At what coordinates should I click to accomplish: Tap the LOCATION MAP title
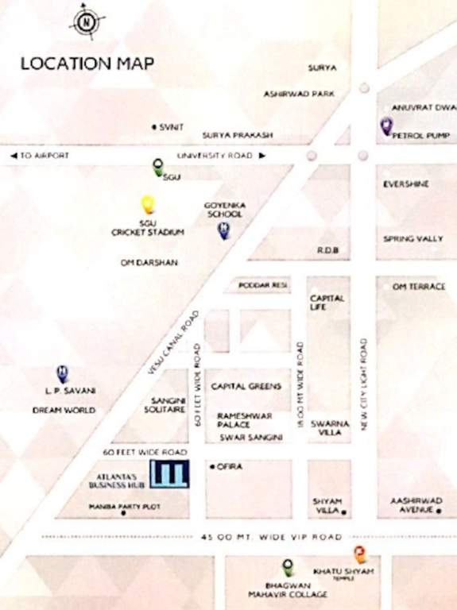tap(87, 64)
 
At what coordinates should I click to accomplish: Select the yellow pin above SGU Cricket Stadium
tap(147, 205)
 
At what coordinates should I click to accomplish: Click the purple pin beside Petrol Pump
tap(386, 125)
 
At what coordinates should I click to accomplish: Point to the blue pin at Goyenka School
tap(224, 230)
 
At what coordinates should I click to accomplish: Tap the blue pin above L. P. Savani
tap(62, 373)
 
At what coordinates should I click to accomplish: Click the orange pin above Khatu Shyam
tap(359, 555)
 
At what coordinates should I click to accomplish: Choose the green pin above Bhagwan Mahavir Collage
tap(288, 567)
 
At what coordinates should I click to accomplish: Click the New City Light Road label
tap(363, 385)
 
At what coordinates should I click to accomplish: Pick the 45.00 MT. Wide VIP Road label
tap(273, 537)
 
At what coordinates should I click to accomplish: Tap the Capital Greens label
tap(246, 387)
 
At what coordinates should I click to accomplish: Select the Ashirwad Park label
tap(299, 94)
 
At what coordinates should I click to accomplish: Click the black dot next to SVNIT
tap(153, 126)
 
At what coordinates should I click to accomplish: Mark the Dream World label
tap(64, 411)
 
